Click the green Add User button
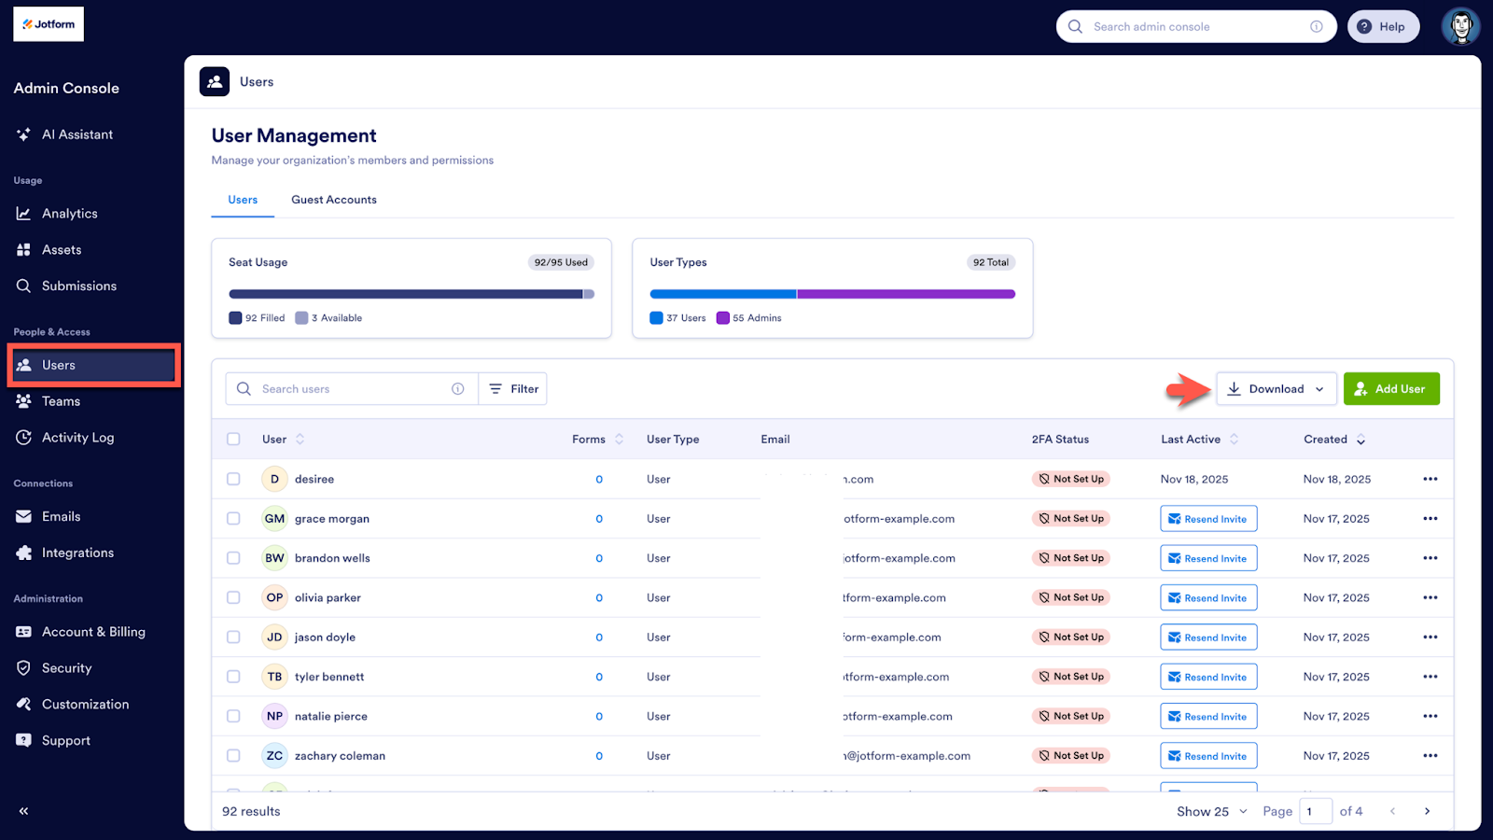point(1390,389)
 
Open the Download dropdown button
point(1276,389)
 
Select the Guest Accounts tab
point(333,200)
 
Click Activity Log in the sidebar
point(77,438)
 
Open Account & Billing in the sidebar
point(92,632)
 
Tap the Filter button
point(513,389)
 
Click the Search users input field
point(350,389)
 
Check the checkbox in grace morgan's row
point(233,519)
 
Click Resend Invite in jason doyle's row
point(1207,637)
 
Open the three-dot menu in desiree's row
point(1430,479)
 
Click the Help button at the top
point(1382,27)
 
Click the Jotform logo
point(49,24)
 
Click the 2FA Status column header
point(1060,440)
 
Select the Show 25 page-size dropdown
point(1210,811)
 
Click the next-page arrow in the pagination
point(1427,811)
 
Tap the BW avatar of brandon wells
point(274,558)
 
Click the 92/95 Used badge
point(561,262)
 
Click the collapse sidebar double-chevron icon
point(23,811)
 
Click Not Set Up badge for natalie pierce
point(1070,717)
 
